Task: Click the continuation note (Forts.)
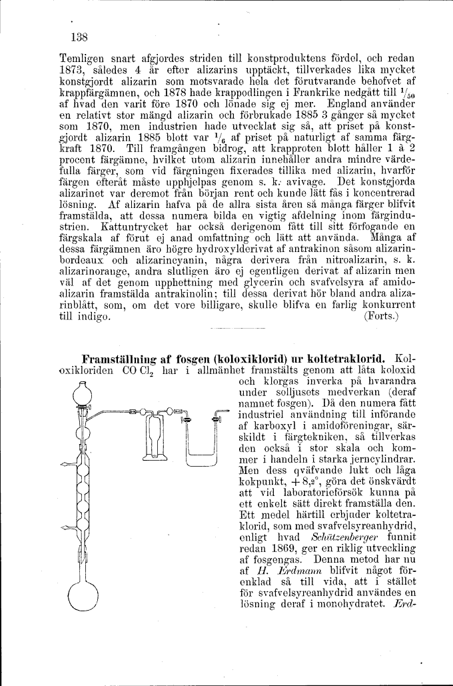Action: [x=382, y=317]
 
